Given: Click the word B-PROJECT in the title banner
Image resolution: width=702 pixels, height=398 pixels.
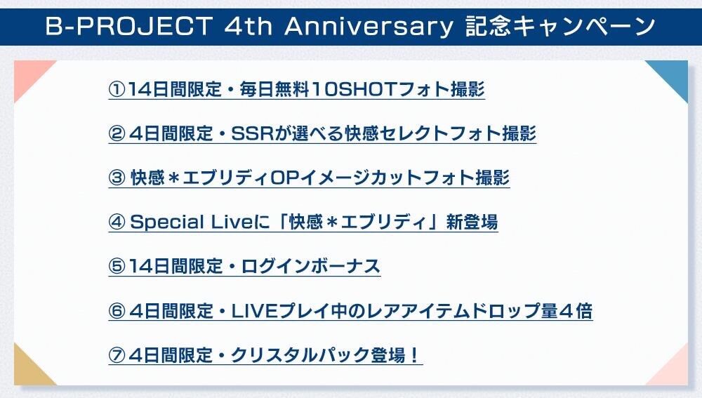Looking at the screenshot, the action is click(x=129, y=26).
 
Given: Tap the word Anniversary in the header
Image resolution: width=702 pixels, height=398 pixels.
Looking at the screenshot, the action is click(x=369, y=27).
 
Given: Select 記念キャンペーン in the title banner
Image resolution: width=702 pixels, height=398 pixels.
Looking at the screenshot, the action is click(x=560, y=26).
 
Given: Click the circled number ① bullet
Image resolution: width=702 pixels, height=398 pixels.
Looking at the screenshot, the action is click(x=117, y=89).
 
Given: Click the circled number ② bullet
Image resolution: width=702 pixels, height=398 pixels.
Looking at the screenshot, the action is click(x=117, y=133).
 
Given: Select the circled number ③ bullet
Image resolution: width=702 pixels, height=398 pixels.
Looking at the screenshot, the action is click(x=117, y=178).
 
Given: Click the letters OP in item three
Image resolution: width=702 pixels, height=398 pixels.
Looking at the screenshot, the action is click(x=284, y=178).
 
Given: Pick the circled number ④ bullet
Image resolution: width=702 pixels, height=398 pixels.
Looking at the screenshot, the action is click(x=117, y=222).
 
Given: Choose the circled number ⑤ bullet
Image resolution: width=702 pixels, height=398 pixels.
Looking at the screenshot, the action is click(x=117, y=266).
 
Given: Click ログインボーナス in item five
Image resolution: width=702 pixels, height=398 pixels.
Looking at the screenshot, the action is click(x=311, y=266).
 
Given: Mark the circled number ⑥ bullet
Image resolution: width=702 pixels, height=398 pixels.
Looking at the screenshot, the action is click(x=117, y=311).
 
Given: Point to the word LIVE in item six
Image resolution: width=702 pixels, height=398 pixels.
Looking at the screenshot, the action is click(x=253, y=311).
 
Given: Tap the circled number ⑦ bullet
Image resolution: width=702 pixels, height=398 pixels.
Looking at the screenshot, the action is click(x=117, y=355).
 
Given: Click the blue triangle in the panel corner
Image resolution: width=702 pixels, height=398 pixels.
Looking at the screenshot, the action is click(x=673, y=75).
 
